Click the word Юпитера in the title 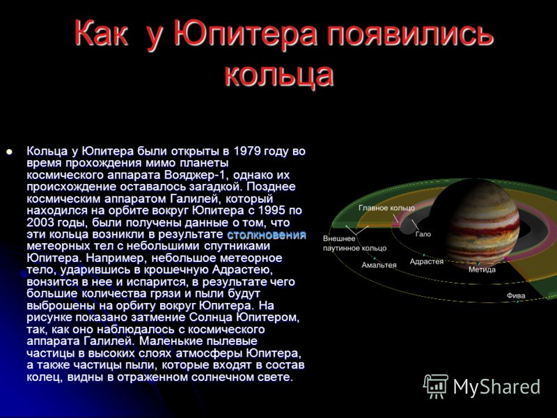pyautogui.click(x=246, y=34)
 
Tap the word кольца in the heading pyautogui.click(x=279, y=75)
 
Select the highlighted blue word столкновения pyautogui.click(x=267, y=235)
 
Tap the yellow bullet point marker pyautogui.click(x=9, y=152)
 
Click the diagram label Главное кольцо pyautogui.click(x=386, y=208)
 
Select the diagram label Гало pyautogui.click(x=423, y=234)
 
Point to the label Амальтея pyautogui.click(x=379, y=265)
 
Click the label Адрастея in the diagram pyautogui.click(x=427, y=262)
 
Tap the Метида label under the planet pyautogui.click(x=482, y=270)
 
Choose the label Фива pyautogui.click(x=516, y=295)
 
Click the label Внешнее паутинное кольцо pyautogui.click(x=354, y=243)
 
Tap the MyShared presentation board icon pyautogui.click(x=436, y=386)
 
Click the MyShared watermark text pyautogui.click(x=496, y=387)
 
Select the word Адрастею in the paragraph pyautogui.click(x=242, y=270)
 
